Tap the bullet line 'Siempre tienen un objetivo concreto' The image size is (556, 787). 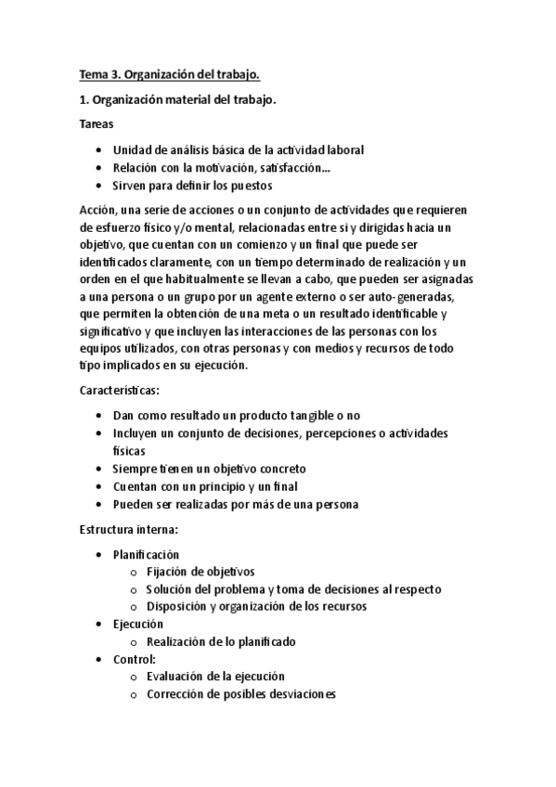(209, 469)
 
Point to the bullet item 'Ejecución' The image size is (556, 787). (137, 625)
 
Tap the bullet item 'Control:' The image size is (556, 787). (135, 659)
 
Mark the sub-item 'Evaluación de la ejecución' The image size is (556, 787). (215, 677)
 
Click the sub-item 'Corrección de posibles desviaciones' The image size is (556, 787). (240, 694)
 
